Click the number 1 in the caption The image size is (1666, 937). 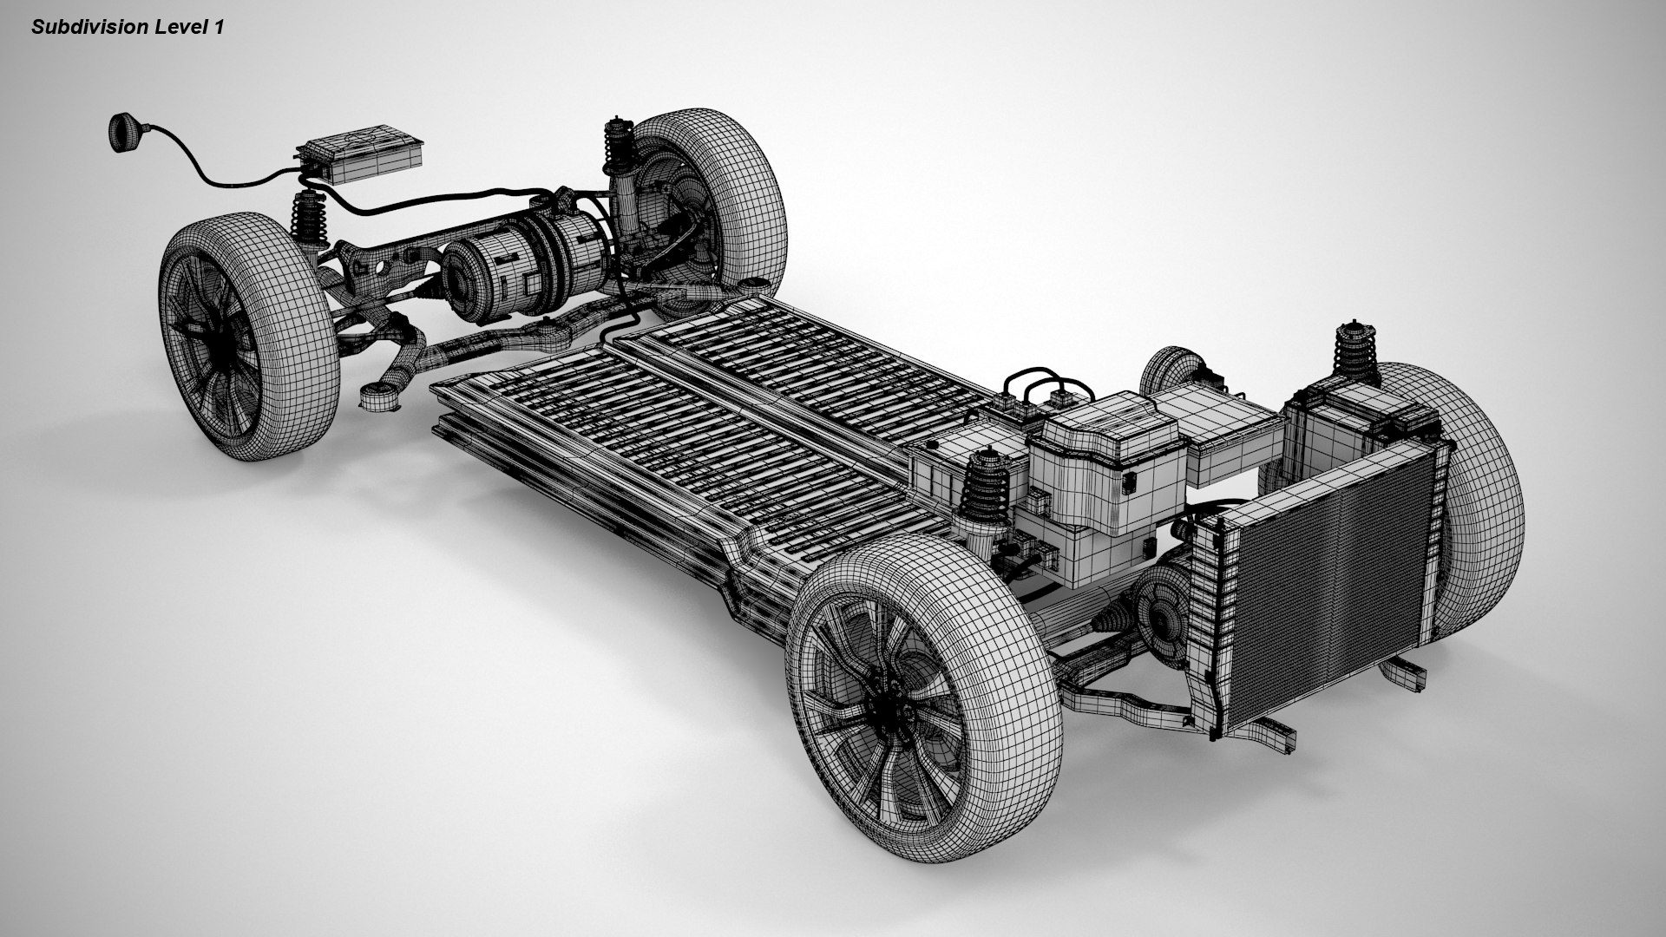[x=219, y=28]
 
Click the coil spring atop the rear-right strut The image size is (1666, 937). [x=617, y=143]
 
